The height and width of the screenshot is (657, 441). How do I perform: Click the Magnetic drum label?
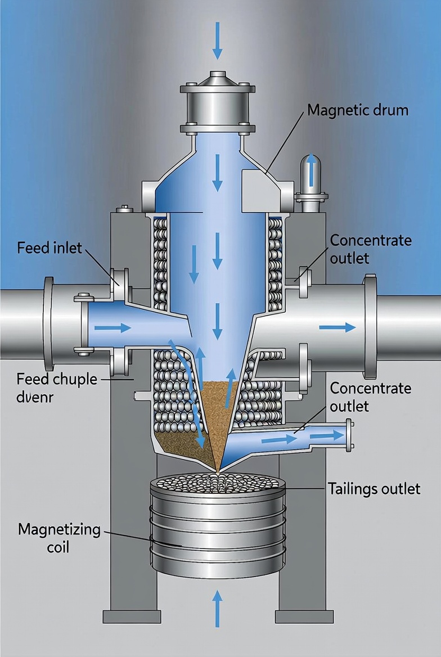click(358, 110)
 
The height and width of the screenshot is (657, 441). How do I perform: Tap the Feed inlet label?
click(49, 247)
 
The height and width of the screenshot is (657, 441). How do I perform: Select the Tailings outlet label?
click(373, 488)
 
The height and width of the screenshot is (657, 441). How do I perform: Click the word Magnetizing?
click(59, 529)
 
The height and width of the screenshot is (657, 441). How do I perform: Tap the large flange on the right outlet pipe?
click(370, 326)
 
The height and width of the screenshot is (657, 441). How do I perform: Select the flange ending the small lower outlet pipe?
click(350, 435)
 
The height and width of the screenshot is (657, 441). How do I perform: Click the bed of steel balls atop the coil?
click(217, 482)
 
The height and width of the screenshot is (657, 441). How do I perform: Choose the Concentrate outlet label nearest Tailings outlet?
click(370, 397)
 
